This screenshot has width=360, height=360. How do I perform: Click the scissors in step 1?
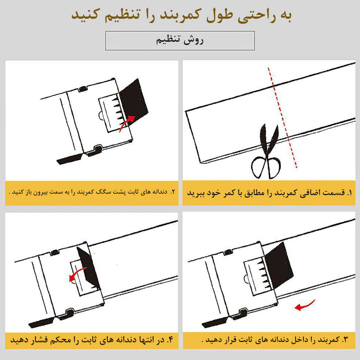[x=267, y=156]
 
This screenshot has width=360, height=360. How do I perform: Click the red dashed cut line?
[x=282, y=117]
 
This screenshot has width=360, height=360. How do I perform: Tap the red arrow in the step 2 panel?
[x=126, y=123]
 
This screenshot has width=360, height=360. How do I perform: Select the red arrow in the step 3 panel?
[x=305, y=306]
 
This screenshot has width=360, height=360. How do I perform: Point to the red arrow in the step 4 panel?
[x=77, y=274]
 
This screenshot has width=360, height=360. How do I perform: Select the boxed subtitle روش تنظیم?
[x=180, y=40]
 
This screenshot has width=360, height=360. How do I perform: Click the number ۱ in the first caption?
[x=350, y=193]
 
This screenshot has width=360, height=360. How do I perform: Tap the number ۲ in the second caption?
[x=173, y=192]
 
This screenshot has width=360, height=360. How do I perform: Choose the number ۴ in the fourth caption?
[x=170, y=340]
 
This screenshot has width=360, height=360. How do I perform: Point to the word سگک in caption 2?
[x=101, y=192]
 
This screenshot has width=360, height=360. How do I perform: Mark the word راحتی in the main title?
[x=256, y=16]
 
